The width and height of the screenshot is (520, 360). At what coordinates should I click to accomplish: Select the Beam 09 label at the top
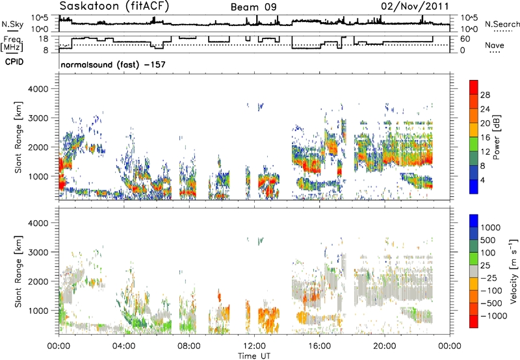[253, 7]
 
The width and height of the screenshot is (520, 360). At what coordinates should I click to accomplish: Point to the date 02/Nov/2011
[415, 6]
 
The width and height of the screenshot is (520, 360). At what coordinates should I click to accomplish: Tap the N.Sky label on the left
[12, 24]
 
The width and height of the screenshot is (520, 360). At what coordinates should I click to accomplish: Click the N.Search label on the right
[502, 24]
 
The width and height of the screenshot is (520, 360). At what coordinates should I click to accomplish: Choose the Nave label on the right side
[495, 45]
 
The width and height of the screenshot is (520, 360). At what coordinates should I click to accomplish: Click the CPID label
[14, 62]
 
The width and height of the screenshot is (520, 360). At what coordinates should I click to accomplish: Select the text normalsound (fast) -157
[113, 64]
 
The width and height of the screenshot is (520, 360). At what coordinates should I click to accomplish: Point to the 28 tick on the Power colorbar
[485, 95]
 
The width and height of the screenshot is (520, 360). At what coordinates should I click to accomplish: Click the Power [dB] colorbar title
[496, 137]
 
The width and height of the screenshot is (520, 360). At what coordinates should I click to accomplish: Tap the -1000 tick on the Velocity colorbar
[493, 316]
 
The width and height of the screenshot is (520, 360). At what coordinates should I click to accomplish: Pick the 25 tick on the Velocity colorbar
[486, 266]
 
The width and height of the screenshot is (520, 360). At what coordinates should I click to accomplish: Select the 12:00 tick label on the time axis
[254, 346]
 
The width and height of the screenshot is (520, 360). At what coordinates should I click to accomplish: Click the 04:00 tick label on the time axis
[124, 346]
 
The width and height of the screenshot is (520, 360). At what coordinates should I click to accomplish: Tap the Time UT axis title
[254, 356]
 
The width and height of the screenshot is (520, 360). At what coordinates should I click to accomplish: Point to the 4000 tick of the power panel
[38, 89]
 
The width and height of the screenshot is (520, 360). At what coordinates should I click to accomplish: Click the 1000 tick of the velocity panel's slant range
[38, 311]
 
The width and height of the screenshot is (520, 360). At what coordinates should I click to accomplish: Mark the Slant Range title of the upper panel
[18, 137]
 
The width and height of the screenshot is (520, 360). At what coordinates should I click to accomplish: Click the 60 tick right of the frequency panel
[465, 39]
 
